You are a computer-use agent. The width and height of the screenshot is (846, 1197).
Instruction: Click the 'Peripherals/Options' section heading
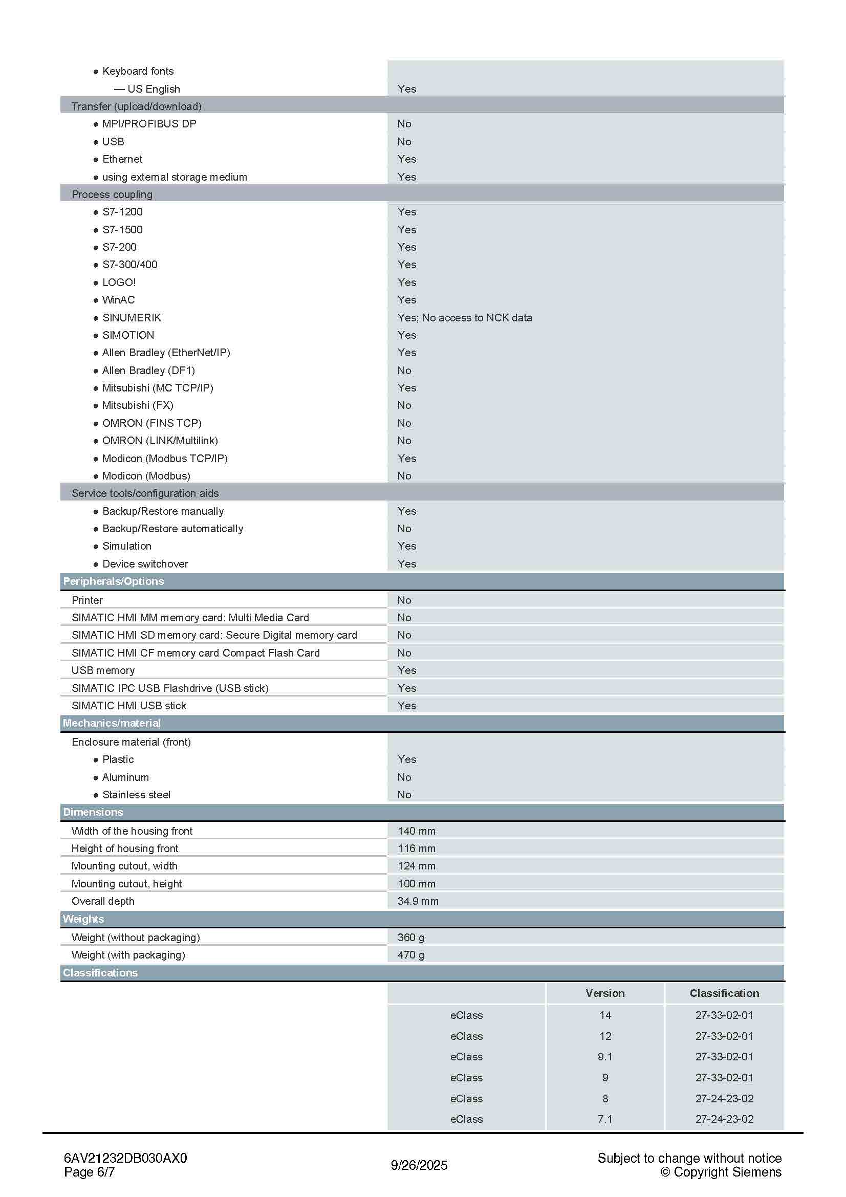[113, 581]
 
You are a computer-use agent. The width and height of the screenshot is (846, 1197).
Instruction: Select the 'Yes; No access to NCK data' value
[464, 317]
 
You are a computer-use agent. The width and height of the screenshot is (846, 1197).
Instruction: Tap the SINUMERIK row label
[132, 317]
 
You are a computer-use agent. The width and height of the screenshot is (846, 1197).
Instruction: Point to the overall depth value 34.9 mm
[418, 901]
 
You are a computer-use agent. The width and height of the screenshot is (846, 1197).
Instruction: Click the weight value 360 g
[411, 938]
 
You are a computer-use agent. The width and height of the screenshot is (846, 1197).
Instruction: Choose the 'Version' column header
[604, 993]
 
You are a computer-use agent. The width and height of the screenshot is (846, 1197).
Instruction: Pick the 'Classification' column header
[724, 993]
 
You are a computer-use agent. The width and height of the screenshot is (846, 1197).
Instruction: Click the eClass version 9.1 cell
[604, 1057]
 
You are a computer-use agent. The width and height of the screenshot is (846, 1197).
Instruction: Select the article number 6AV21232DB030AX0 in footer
[125, 1158]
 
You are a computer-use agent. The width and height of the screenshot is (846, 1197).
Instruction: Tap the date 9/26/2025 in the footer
[419, 1165]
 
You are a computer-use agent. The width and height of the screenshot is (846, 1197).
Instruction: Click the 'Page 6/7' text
[89, 1172]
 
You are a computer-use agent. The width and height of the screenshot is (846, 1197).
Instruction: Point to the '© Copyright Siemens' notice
[721, 1172]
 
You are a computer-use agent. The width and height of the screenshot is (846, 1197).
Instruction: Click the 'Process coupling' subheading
[112, 194]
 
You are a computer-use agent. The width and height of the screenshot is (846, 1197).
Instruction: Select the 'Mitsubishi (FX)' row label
[138, 405]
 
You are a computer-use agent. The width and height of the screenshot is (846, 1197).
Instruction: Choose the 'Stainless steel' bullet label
[136, 795]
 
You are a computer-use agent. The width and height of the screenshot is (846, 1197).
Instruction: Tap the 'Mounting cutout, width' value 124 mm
[417, 866]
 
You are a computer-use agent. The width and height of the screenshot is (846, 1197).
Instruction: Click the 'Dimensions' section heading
[93, 812]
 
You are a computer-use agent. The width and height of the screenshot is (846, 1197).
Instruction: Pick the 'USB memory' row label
[103, 670]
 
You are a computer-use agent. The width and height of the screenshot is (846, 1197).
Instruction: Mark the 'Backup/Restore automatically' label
[172, 529]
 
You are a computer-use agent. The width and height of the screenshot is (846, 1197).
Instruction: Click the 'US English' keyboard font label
[153, 89]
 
